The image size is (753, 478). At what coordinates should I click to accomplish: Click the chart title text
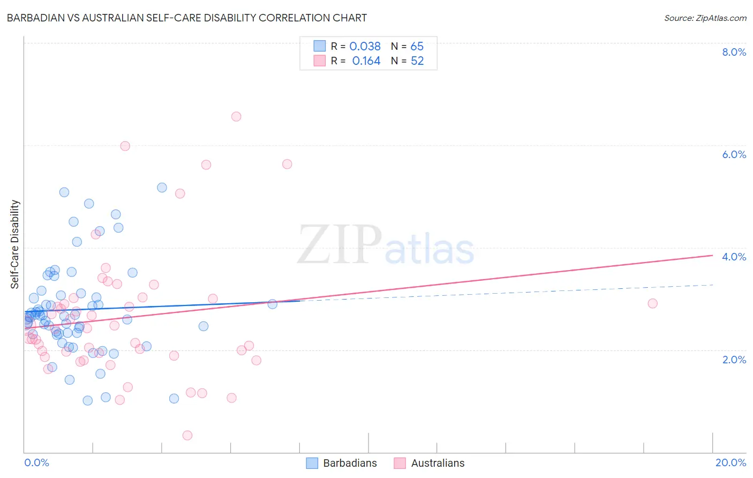tap(187, 18)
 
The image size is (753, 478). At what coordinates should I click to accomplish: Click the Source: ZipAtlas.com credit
tap(705, 18)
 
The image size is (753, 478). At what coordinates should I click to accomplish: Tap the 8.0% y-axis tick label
tap(734, 52)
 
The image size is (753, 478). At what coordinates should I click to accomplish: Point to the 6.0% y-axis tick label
tap(734, 154)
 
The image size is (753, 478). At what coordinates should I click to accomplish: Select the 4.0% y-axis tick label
tap(734, 257)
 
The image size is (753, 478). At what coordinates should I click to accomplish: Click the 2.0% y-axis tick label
tap(734, 360)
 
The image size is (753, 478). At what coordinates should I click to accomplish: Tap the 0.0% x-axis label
tap(36, 462)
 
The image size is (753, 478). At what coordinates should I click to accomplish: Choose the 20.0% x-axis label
tap(731, 462)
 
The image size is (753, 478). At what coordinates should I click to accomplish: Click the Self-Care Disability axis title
tap(15, 244)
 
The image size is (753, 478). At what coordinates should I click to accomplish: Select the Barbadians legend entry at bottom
tap(342, 463)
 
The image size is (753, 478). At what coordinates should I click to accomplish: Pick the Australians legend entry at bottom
tap(430, 463)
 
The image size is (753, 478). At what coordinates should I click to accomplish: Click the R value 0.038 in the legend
tap(365, 47)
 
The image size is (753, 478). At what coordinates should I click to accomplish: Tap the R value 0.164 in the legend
tap(366, 61)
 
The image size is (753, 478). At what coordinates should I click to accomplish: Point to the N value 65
tap(417, 47)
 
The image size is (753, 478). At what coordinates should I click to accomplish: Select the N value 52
tap(417, 61)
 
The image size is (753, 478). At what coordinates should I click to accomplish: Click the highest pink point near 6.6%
tap(236, 116)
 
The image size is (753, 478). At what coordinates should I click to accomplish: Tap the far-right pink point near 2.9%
tap(652, 303)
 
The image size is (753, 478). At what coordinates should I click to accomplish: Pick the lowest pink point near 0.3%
tap(187, 435)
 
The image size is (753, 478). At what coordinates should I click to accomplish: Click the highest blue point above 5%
tap(162, 188)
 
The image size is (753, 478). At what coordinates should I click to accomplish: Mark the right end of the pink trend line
tap(712, 255)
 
